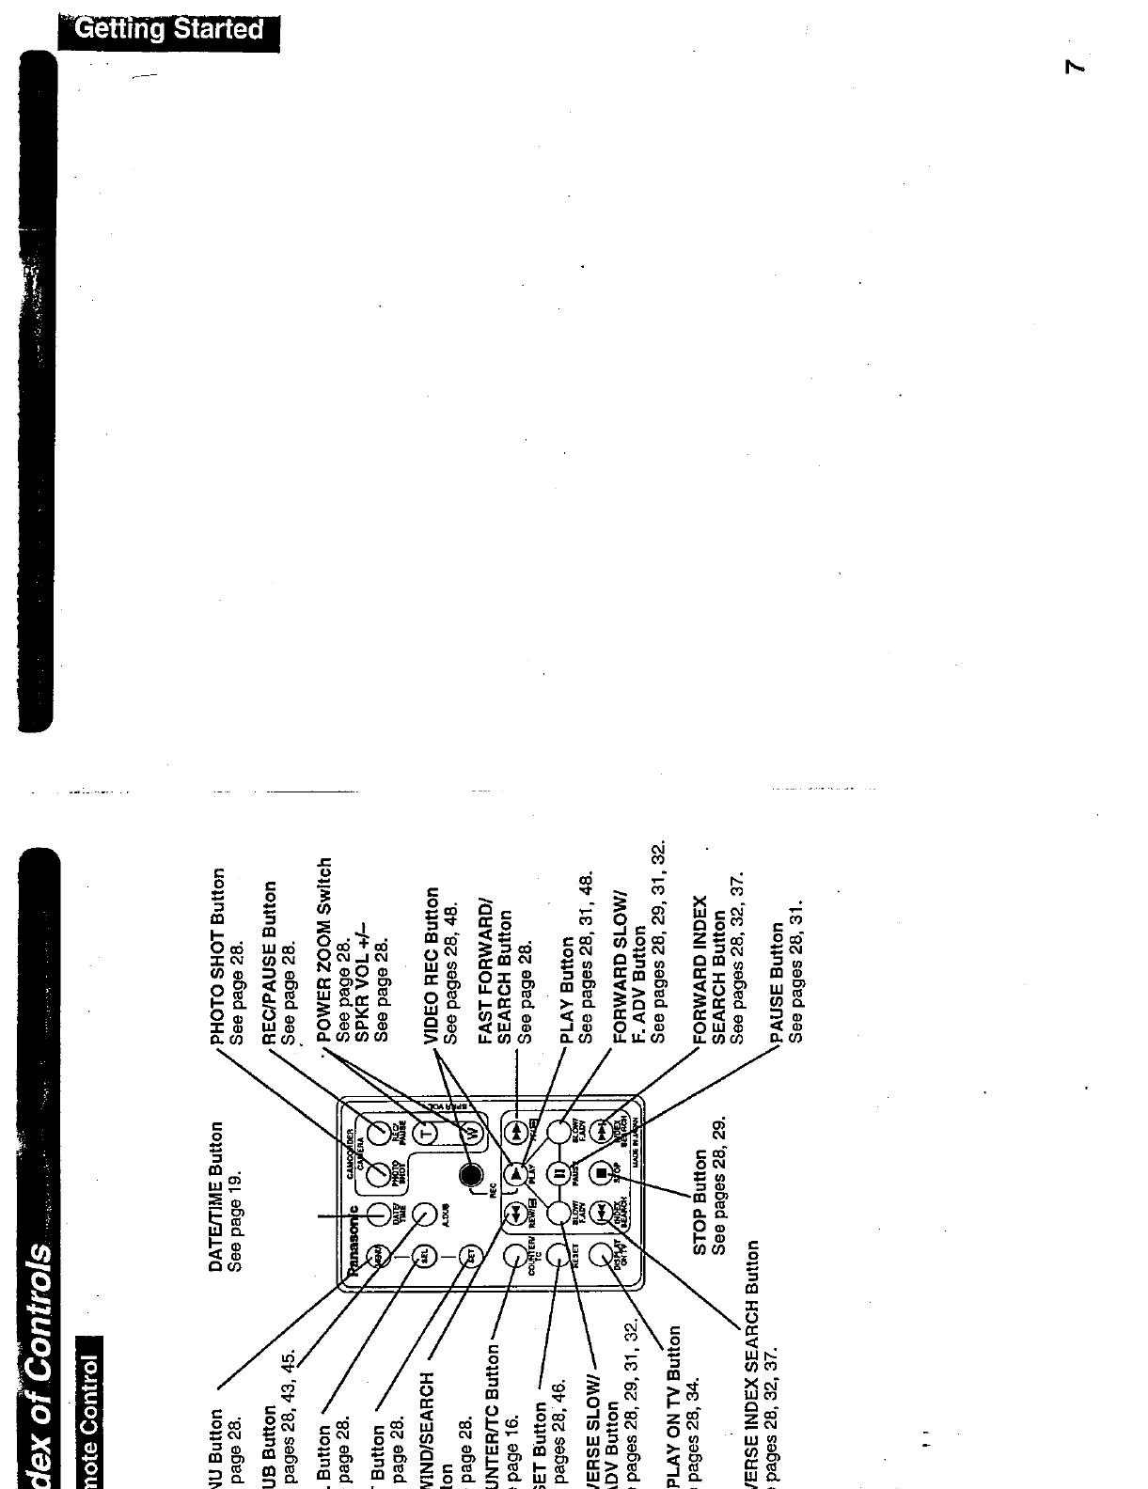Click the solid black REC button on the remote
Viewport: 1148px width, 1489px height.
pyautogui.click(x=470, y=1174)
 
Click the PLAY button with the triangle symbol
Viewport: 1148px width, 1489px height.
pyautogui.click(x=515, y=1173)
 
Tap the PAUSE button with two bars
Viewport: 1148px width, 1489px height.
pyautogui.click(x=558, y=1173)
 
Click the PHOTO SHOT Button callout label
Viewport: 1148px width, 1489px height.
pyautogui.click(x=217, y=955)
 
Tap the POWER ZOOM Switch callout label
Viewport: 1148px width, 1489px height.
pyautogui.click(x=324, y=948)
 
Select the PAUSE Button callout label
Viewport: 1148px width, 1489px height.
pyautogui.click(x=777, y=981)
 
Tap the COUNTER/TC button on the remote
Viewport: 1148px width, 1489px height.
pyautogui.click(x=515, y=1255)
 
